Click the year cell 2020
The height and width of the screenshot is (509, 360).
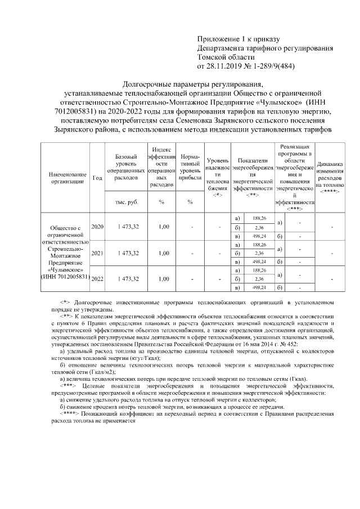point(98,227)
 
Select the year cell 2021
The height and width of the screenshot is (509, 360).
point(98,253)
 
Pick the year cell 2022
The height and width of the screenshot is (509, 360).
point(98,279)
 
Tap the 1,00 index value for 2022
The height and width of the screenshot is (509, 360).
point(163,279)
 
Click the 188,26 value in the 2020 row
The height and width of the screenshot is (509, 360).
point(259,218)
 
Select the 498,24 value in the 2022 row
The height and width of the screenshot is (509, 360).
point(259,288)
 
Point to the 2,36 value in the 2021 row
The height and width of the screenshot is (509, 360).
point(259,253)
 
